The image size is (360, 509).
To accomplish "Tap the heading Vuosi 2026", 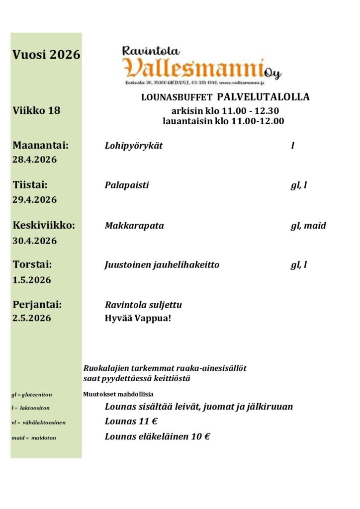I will (x=46, y=55).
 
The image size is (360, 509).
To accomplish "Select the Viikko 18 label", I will (x=36, y=110).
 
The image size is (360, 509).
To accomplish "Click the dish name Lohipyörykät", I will (x=134, y=146).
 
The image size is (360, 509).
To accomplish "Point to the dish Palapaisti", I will (x=127, y=185).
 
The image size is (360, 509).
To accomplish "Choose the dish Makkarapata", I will (x=134, y=226).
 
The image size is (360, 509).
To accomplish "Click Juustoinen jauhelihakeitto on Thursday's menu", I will (x=162, y=265).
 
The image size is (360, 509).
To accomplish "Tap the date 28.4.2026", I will (x=34, y=160).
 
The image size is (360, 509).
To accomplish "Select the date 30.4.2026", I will (x=34, y=241).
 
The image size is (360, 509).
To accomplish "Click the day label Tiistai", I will (x=30, y=185).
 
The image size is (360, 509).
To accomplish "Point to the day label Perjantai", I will (x=37, y=304).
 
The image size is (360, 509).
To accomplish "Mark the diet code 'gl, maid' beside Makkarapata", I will (x=308, y=226).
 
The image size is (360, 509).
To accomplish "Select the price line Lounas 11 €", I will (x=131, y=422).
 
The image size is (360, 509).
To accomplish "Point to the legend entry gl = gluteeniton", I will (x=31, y=395).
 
